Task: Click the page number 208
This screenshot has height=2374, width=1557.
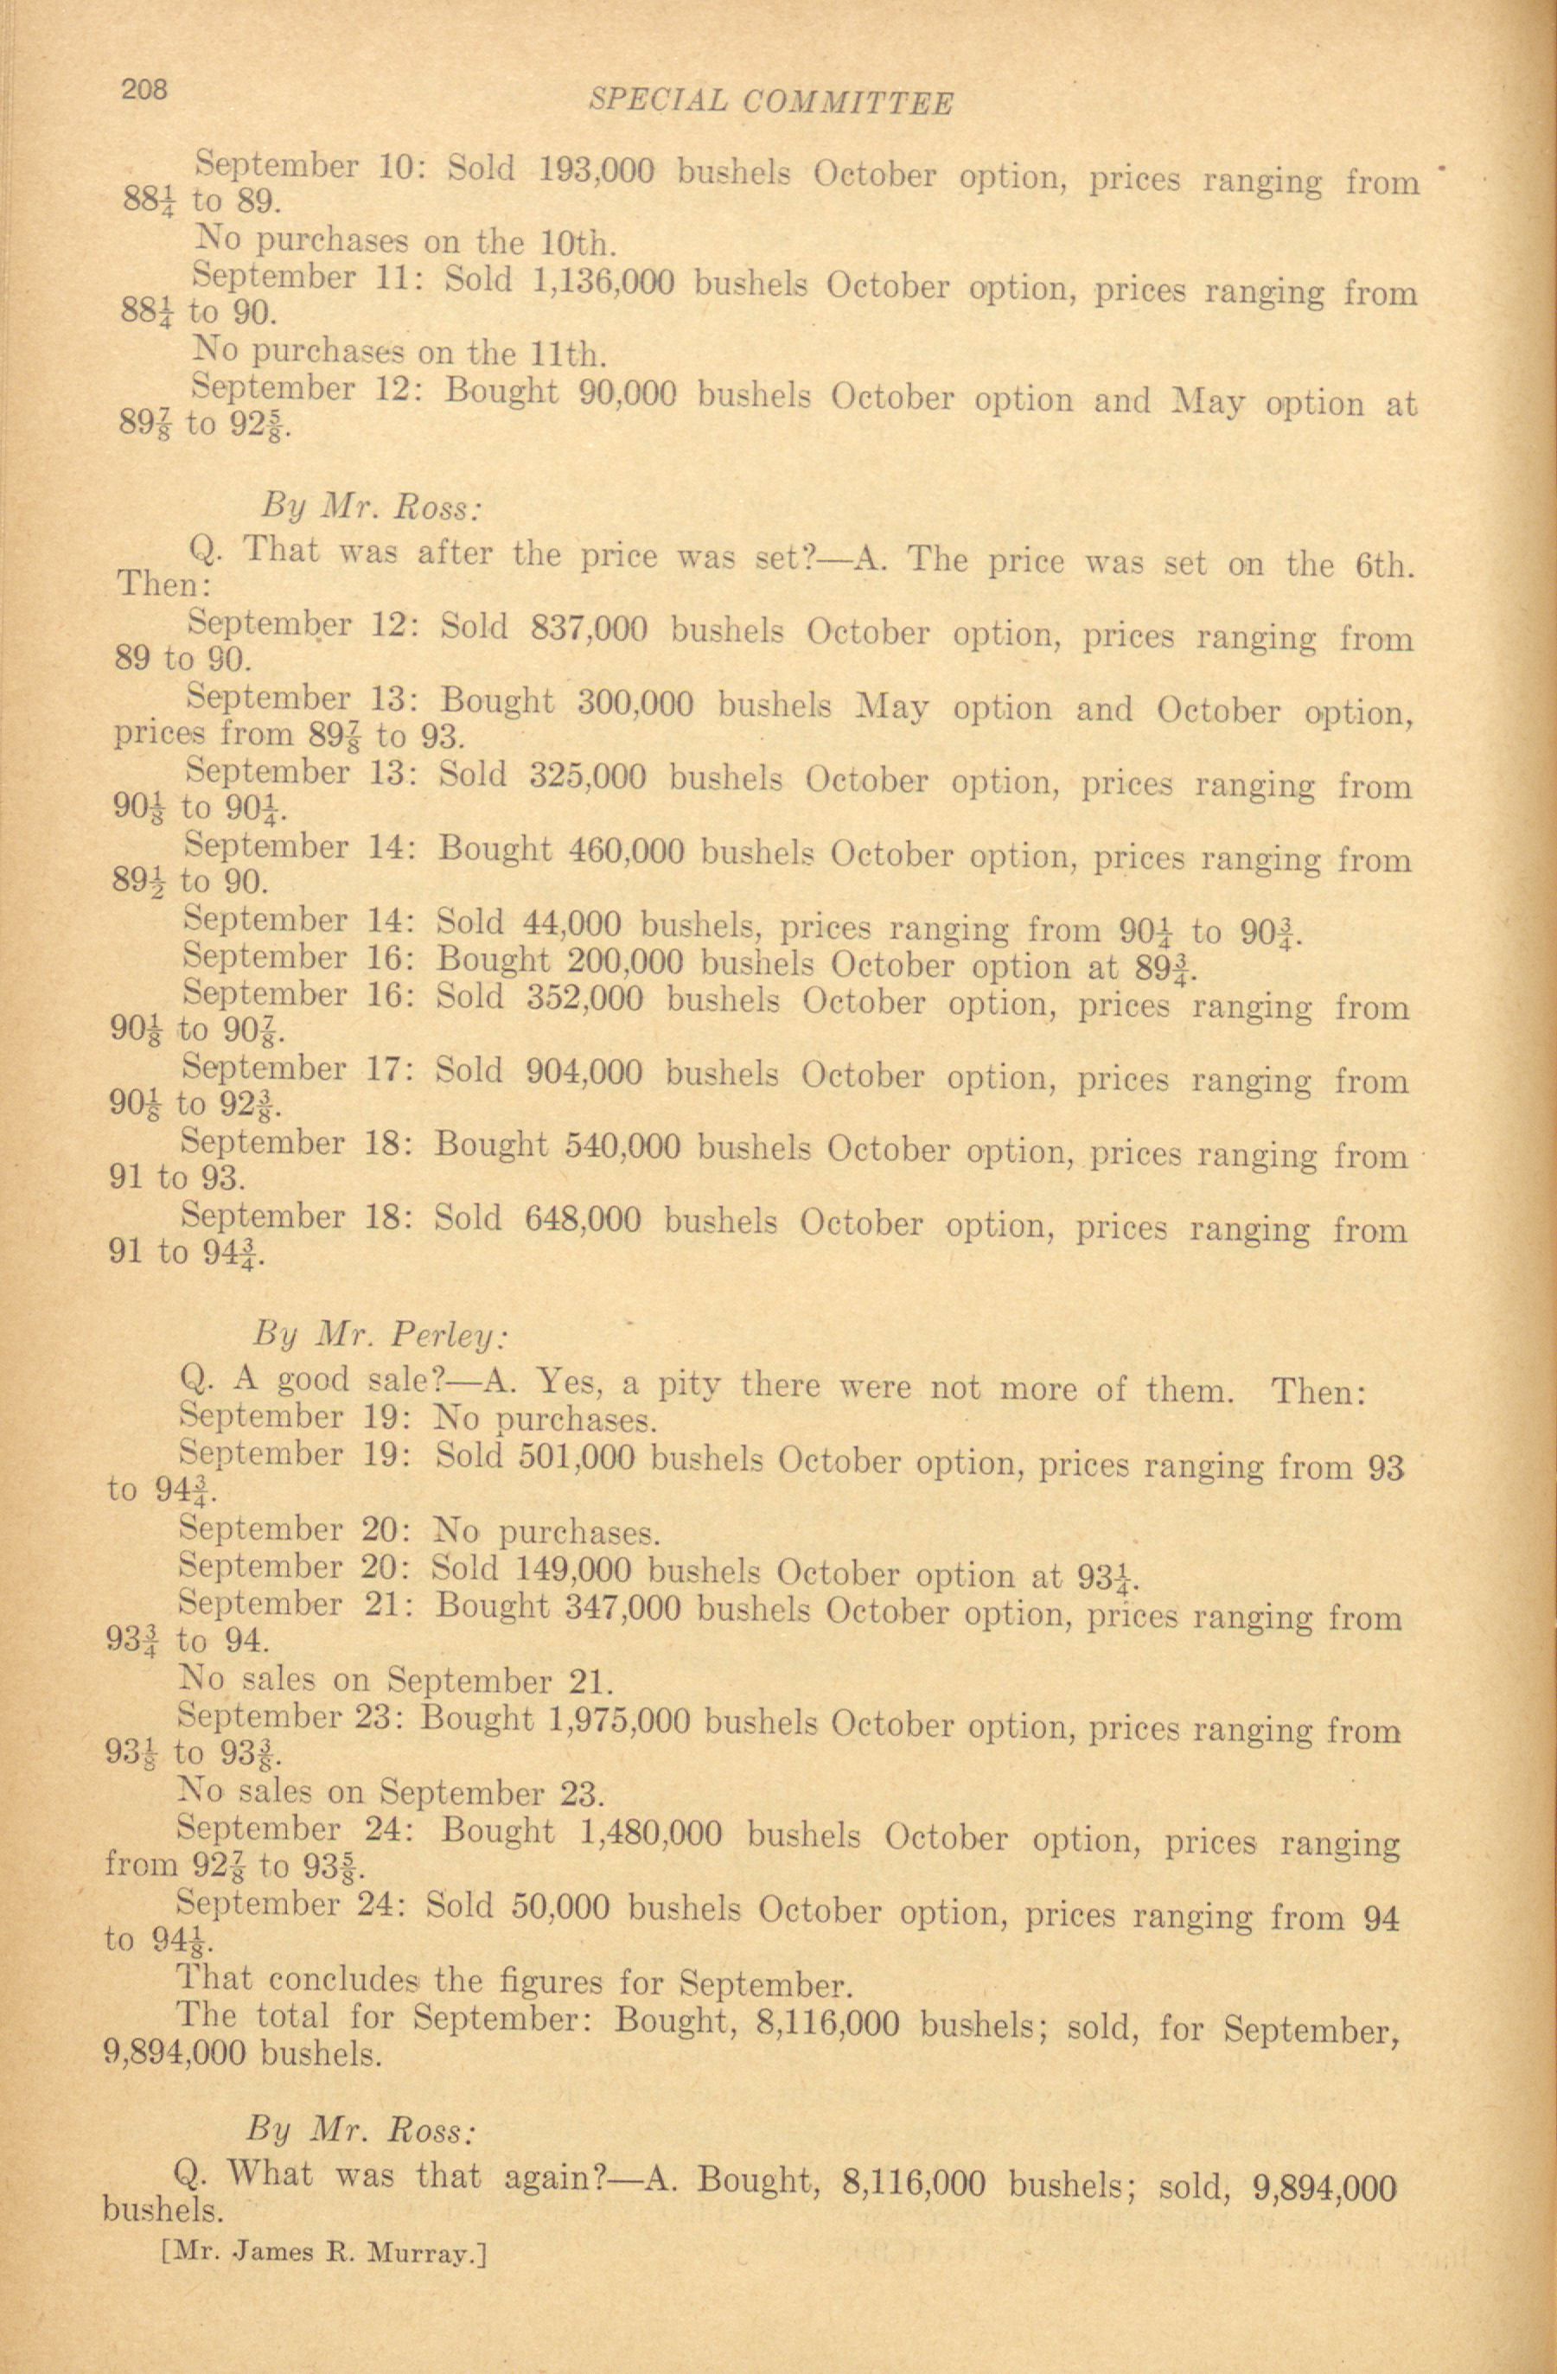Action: [x=145, y=91]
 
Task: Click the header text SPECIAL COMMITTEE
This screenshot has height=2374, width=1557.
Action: [x=770, y=102]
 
